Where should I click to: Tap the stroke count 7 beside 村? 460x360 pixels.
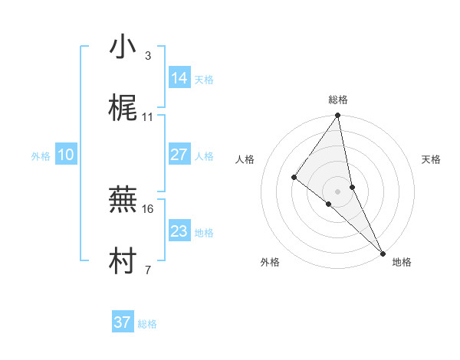147,270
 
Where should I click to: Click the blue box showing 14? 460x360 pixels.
179,77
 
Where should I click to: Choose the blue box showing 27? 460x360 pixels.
179,154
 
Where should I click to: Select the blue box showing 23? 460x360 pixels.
179,231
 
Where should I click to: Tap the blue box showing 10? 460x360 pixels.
66,154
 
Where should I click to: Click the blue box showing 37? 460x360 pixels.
123,322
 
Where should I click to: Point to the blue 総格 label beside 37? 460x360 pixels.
147,324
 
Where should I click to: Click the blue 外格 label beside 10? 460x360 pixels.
41,155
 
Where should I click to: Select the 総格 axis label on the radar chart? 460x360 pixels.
338,100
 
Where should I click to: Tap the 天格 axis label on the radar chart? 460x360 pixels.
432,159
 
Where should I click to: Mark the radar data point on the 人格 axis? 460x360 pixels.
294,177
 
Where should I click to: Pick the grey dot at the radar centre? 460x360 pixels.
338,191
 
